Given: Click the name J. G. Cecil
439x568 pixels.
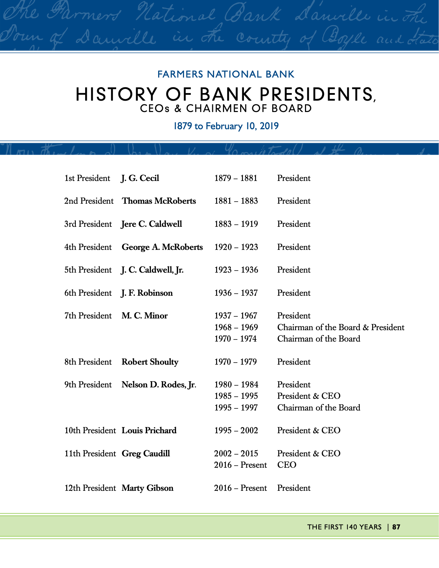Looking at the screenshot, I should (x=140, y=178).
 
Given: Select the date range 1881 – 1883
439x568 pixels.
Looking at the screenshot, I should (x=236, y=201).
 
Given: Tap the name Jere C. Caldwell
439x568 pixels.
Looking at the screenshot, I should (x=151, y=224).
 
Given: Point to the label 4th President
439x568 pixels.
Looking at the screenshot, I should (x=88, y=247).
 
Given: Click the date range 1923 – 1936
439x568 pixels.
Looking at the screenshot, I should (x=236, y=270).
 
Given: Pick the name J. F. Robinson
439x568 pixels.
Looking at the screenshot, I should (x=147, y=293).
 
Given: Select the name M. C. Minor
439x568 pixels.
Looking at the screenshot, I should (x=144, y=316).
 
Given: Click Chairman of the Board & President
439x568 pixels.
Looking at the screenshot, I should (x=340, y=327).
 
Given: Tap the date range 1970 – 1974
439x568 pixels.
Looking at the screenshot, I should (x=235, y=339).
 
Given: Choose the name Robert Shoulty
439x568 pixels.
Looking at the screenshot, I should (x=150, y=362).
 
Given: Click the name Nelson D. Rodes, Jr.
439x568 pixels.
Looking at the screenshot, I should (x=159, y=385).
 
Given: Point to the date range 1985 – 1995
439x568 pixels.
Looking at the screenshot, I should (x=236, y=396).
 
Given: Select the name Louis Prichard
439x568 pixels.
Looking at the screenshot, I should (x=149, y=430).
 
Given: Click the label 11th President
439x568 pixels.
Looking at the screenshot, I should (x=90, y=454).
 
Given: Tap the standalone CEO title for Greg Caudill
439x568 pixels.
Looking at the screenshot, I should (x=287, y=465).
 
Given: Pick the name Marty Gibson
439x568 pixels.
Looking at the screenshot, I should (x=147, y=488).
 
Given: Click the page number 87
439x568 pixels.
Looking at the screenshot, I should (x=396, y=527).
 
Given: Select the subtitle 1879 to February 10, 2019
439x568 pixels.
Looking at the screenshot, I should (x=226, y=126).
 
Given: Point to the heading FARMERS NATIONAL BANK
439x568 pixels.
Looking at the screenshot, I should (x=226, y=74).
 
